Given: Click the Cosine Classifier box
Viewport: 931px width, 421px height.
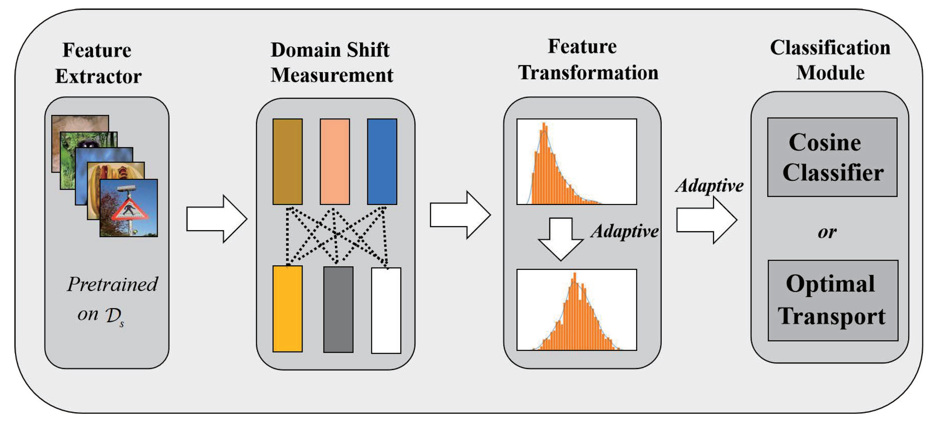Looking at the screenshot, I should [x=832, y=157].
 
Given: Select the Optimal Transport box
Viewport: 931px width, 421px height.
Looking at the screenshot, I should [x=833, y=300].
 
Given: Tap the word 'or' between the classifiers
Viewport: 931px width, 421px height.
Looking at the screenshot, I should [x=827, y=232].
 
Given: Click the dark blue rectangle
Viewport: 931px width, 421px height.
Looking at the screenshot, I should [x=382, y=162].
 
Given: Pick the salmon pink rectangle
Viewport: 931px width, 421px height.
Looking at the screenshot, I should [x=335, y=162].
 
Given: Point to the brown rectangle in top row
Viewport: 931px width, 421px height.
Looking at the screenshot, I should [x=287, y=162].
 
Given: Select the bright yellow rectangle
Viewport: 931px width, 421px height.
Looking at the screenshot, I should [x=287, y=309].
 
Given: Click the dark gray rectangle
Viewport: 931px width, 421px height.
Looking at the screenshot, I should [x=338, y=309].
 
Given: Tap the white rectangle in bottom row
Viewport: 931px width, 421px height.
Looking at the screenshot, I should [x=386, y=310].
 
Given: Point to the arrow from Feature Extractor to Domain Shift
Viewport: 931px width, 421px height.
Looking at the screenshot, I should [x=216, y=219].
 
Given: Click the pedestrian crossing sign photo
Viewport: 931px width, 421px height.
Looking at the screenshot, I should [x=129, y=208].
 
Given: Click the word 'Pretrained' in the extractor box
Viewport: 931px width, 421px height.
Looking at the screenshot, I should [x=112, y=284].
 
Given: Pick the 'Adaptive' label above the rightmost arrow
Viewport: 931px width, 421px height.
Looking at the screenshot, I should [x=710, y=186].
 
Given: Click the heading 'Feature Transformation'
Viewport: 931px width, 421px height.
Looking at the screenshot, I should [x=588, y=60].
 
